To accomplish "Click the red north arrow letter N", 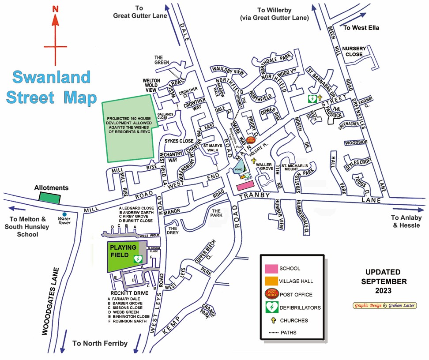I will [x=55, y=8].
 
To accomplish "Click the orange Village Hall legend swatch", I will [x=271, y=281].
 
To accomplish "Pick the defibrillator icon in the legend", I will [x=271, y=307].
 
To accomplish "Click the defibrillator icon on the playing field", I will [x=137, y=258].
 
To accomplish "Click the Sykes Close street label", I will [x=179, y=141].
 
